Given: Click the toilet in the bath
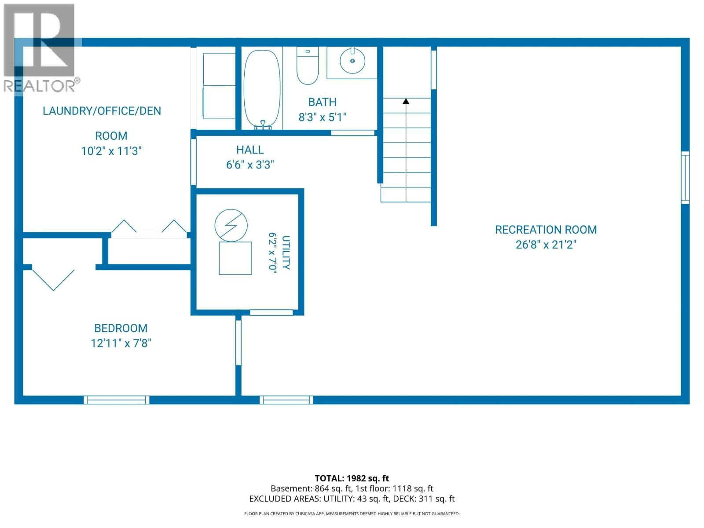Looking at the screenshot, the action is coord(308,66).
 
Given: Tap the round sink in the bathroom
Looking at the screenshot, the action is coord(352,61).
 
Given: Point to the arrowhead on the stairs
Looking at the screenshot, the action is coord(406,101).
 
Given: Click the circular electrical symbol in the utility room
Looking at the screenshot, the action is coord(231,225).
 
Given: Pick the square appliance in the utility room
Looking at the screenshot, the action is coord(235,258).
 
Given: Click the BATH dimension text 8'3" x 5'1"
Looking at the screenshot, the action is coord(323,117).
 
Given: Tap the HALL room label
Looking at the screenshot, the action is coord(250,150).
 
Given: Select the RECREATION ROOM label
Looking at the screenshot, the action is coord(546,230).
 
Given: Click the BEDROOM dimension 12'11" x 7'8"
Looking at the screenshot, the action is coord(121,343).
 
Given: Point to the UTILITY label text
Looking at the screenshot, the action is coord(286,253).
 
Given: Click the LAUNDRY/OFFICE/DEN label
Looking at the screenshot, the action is coord(102,111).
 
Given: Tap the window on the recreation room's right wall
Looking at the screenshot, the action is coord(685,178).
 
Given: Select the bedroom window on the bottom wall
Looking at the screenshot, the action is coord(117,400).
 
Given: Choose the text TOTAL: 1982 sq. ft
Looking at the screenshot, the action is coord(352,478).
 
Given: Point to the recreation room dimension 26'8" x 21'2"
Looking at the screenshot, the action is coord(546,245).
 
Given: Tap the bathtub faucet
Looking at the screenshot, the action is coord(263,125).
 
